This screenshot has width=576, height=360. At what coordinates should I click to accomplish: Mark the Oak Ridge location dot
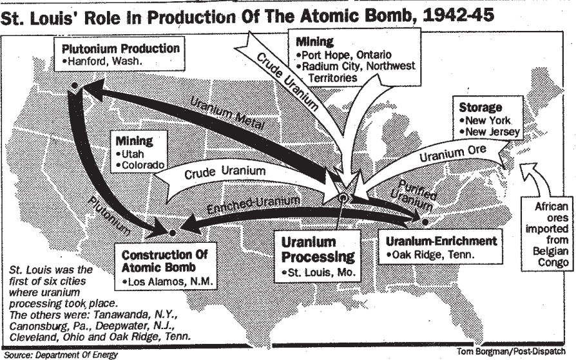[426, 222]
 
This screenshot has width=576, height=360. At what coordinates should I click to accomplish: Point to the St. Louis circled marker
[345, 199]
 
